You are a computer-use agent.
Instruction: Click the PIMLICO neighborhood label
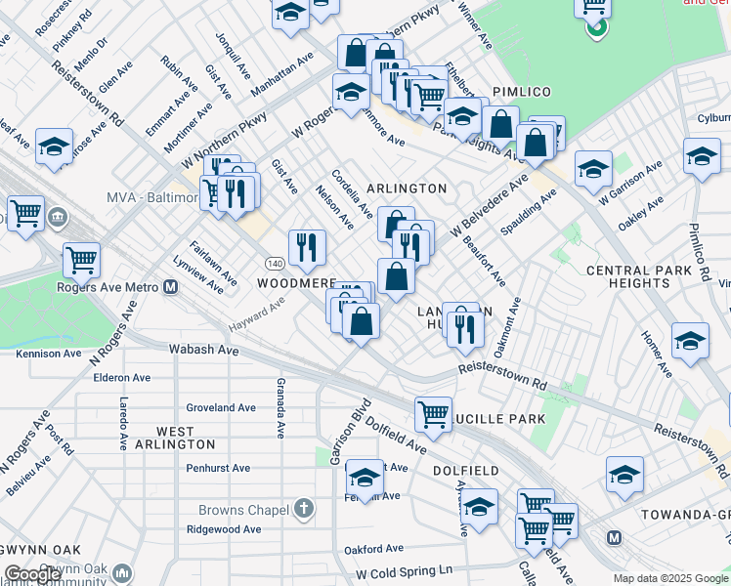pyautogui.click(x=522, y=91)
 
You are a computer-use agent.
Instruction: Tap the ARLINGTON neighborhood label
pyautogui.click(x=407, y=188)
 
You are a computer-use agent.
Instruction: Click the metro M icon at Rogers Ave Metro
pyautogui.click(x=170, y=287)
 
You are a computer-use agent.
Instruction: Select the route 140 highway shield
pyautogui.click(x=275, y=264)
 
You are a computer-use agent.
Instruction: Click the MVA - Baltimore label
pyautogui.click(x=150, y=198)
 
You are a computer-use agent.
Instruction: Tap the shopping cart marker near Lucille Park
pyautogui.click(x=433, y=413)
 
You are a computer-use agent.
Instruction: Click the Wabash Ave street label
pyautogui.click(x=203, y=349)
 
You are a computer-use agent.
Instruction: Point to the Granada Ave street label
pyautogui.click(x=280, y=408)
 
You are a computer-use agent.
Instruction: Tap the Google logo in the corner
pyautogui.click(x=33, y=574)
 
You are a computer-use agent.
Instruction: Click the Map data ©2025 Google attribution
pyautogui.click(x=670, y=578)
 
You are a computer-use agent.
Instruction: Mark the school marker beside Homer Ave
pyautogui.click(x=690, y=341)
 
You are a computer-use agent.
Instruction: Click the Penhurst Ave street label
pyautogui.click(x=218, y=468)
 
